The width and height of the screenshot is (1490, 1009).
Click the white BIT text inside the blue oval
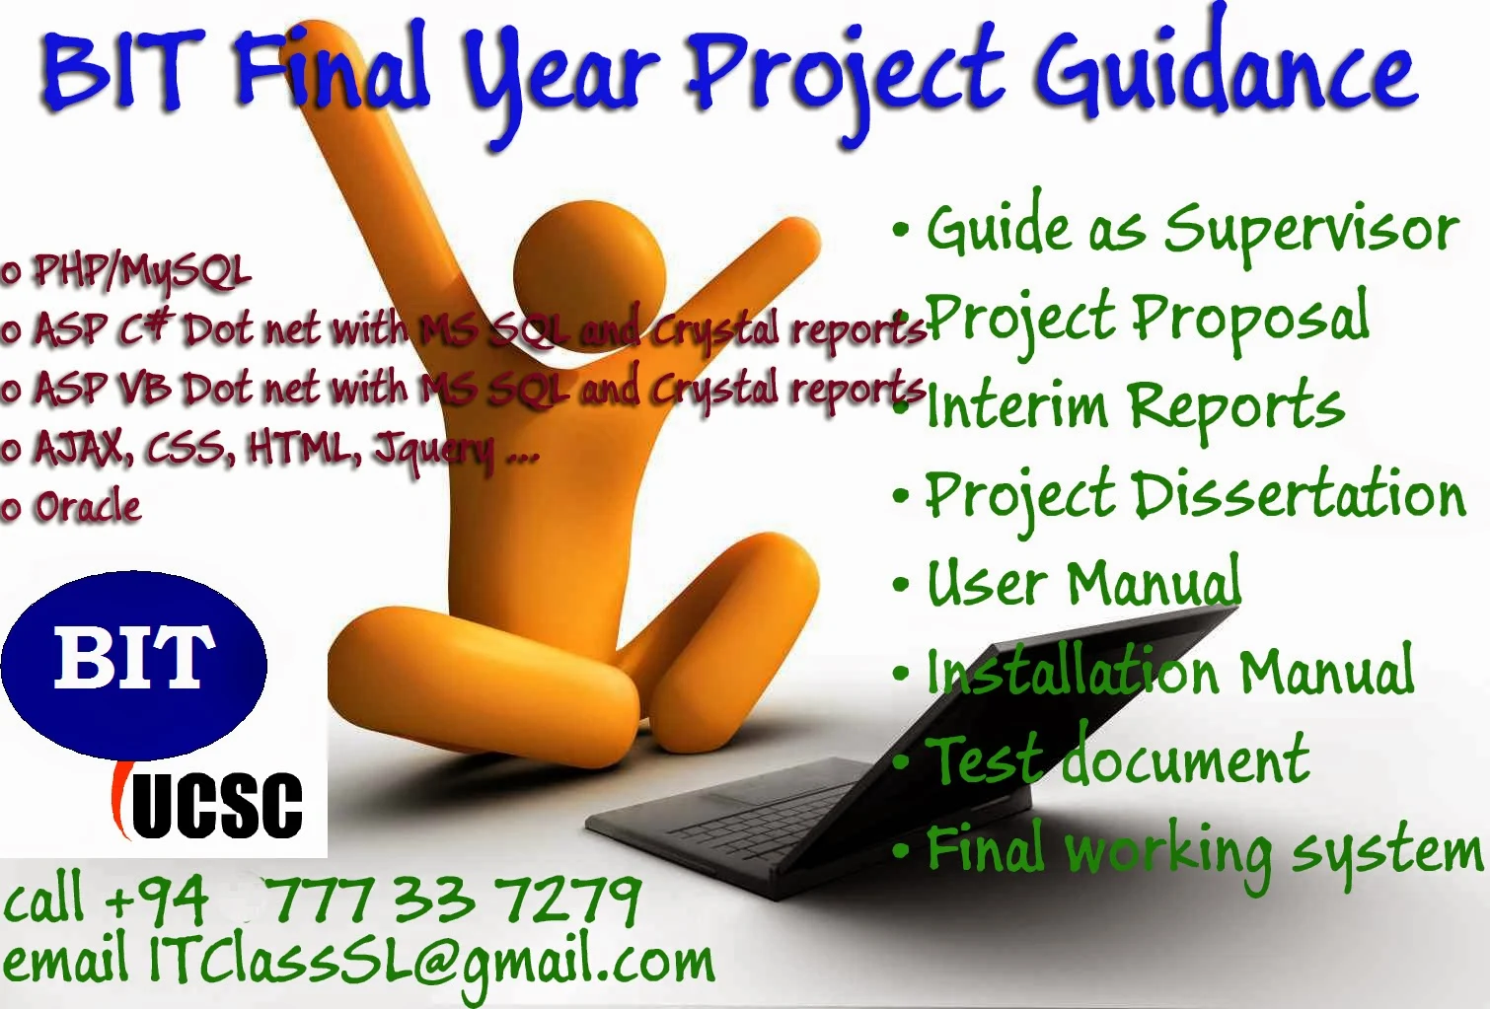134,658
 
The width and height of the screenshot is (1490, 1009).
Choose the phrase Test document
1120,760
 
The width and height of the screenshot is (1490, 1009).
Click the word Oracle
88,507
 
